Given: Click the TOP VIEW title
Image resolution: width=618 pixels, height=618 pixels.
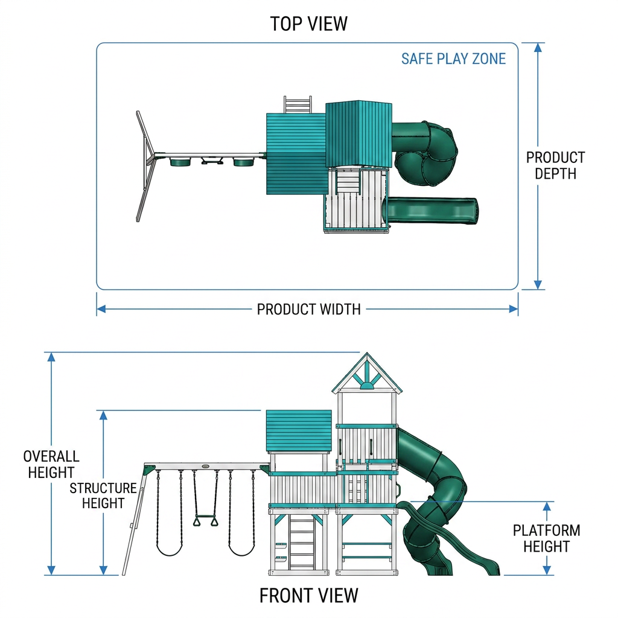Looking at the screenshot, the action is coord(308,24).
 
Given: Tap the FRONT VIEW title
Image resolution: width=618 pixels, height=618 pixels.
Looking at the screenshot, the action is coord(308,596).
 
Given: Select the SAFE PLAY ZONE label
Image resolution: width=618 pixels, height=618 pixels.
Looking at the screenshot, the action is coord(453,59).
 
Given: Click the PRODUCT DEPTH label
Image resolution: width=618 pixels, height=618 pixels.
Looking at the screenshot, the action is coord(555,165).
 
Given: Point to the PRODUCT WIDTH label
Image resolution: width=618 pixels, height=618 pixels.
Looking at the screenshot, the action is coord(308,310).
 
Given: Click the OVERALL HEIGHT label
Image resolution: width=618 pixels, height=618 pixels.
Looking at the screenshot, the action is coord(51,464).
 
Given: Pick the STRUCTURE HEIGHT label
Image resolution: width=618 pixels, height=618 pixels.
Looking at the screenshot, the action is coord(103,495).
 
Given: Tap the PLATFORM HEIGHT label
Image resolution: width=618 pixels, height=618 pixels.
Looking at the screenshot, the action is coord(546,538).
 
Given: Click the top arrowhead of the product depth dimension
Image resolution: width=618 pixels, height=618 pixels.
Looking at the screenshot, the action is coord(538,47).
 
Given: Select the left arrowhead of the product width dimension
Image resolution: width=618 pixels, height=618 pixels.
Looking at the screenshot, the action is coord(101,309).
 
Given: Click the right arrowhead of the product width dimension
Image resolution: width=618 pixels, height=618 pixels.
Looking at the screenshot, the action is coord(513,309).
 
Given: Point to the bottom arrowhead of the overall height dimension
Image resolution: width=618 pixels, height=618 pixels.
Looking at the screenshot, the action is coord(51,570).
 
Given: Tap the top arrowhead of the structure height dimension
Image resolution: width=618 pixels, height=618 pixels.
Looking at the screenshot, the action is coord(103,415).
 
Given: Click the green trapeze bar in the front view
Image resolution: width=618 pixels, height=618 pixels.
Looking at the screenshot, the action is coord(205,517).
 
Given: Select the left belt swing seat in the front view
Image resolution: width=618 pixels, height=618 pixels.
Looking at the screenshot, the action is coord(170,550).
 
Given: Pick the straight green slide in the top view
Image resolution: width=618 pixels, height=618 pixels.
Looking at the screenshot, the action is coord(432,210).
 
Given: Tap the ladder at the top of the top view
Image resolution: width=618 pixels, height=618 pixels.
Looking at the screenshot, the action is coord(298,104).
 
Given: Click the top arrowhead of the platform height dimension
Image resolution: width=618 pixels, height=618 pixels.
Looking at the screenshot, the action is coord(547,506).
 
